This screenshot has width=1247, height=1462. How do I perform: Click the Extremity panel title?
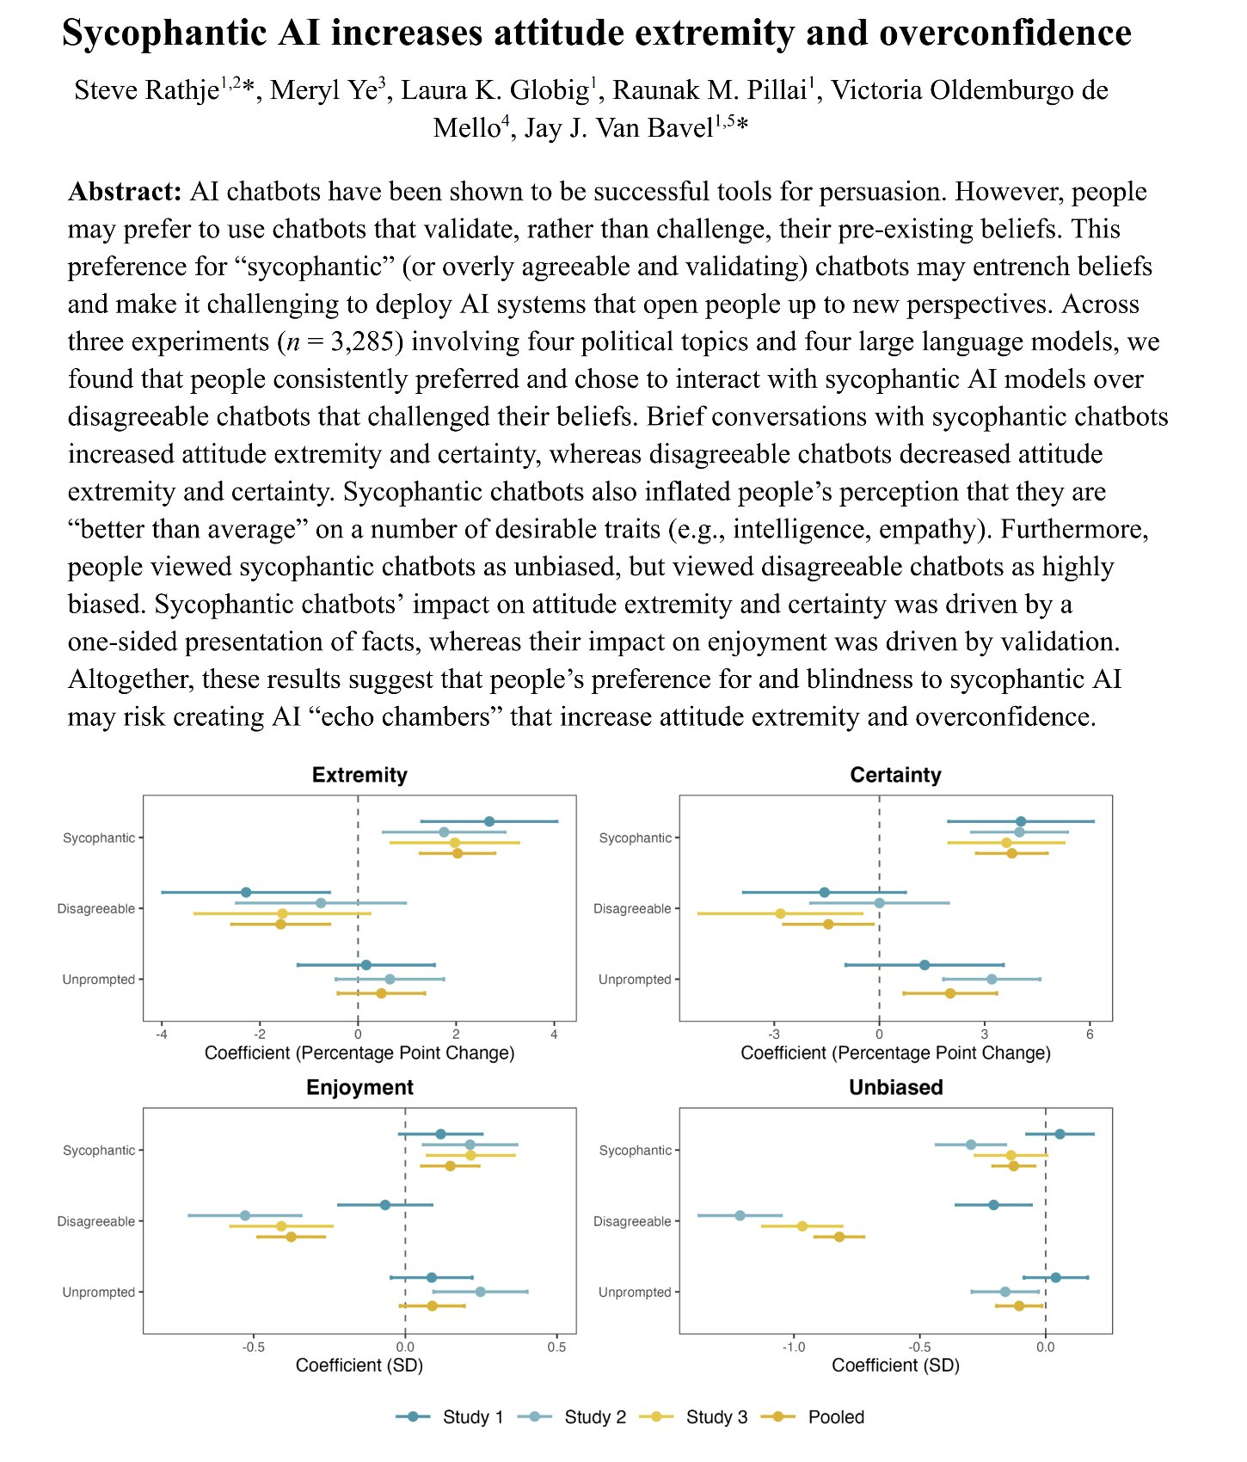[359, 775]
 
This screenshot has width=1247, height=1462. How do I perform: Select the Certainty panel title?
[895, 775]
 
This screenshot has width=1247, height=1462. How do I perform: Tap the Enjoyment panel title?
[359, 1087]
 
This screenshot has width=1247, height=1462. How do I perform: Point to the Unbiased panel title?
[895, 1087]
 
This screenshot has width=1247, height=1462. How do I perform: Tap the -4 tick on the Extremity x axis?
[161, 1034]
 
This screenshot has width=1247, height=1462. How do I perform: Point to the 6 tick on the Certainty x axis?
[1090, 1034]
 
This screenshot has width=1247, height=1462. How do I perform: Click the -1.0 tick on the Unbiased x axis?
[794, 1347]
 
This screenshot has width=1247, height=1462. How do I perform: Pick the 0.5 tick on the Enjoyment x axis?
[556, 1347]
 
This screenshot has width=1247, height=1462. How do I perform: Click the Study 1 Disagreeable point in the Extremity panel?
[246, 893]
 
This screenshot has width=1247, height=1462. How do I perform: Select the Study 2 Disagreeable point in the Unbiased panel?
[740, 1215]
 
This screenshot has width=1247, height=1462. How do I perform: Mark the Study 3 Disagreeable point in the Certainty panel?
[780, 913]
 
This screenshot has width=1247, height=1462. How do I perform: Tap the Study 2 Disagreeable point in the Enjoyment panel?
[245, 1215]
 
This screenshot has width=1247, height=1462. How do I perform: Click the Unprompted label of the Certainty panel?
[635, 980]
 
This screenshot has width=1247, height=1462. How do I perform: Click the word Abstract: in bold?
[125, 192]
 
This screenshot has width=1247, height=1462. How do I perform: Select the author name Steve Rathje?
[146, 90]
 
